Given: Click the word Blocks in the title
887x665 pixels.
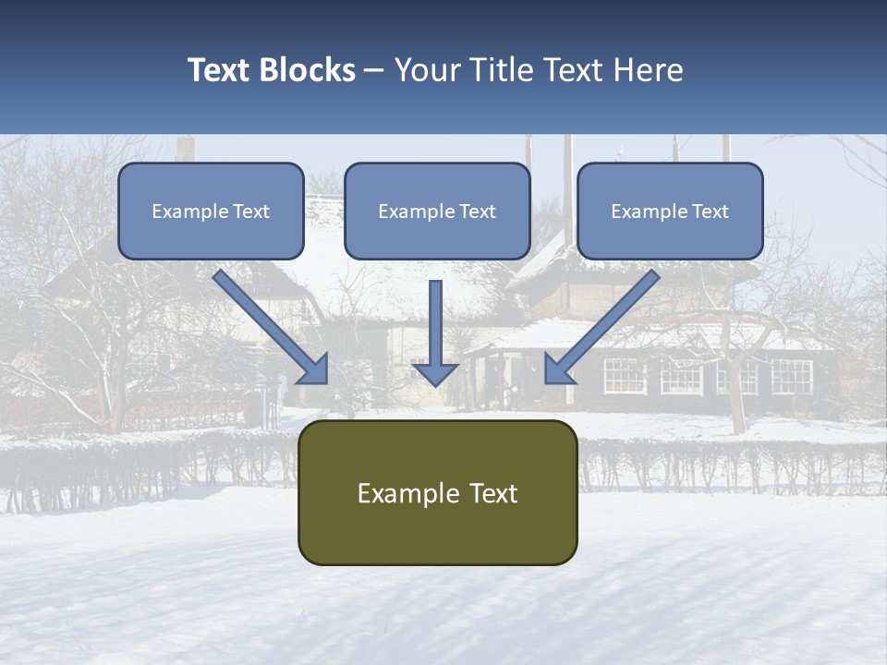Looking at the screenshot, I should point(308,70).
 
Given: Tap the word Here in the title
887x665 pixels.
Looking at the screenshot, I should point(649,70).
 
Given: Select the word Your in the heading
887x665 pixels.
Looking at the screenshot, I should point(430,70).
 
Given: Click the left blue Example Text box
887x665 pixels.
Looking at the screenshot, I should point(211,212).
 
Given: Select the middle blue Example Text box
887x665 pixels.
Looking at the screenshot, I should point(437,212).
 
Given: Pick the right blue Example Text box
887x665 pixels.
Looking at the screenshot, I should point(670,212).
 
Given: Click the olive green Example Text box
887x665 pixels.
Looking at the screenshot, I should point(437,493).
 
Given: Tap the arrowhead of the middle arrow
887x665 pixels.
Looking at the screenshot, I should point(435,372).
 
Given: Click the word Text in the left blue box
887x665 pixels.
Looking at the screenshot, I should point(251,212).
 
